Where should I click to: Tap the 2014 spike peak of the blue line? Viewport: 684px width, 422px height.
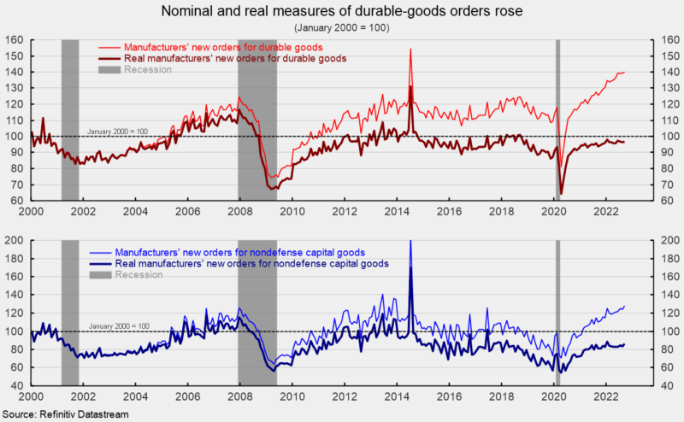pos(411,241)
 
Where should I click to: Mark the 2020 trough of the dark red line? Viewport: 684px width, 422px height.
pos(561,193)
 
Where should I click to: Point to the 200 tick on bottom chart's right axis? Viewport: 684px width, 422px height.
pos(668,240)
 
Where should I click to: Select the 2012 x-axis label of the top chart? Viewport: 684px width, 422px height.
pos(345,211)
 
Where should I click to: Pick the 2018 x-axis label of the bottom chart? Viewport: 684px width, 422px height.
pos(501,397)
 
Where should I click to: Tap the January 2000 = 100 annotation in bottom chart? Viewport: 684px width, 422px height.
pos(119,325)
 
